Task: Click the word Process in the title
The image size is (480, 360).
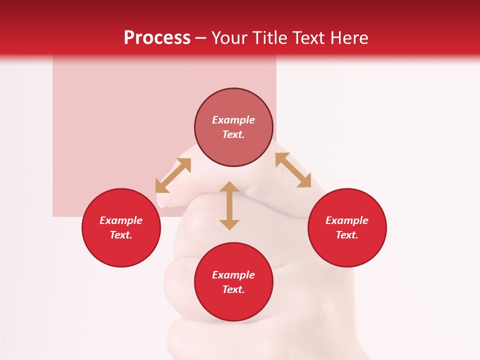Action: [157, 38]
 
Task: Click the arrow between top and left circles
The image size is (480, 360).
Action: [173, 175]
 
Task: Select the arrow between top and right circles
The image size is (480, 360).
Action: [293, 170]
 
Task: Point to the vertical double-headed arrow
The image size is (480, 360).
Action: [229, 205]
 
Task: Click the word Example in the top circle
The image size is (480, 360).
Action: [233, 120]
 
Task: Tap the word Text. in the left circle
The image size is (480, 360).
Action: [121, 235]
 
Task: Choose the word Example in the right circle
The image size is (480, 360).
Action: [347, 220]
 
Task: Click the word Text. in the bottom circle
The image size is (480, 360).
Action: [233, 289]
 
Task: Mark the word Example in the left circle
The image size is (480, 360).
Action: [121, 220]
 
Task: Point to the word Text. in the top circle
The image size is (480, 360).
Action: [233, 134]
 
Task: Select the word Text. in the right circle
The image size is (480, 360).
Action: [347, 235]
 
